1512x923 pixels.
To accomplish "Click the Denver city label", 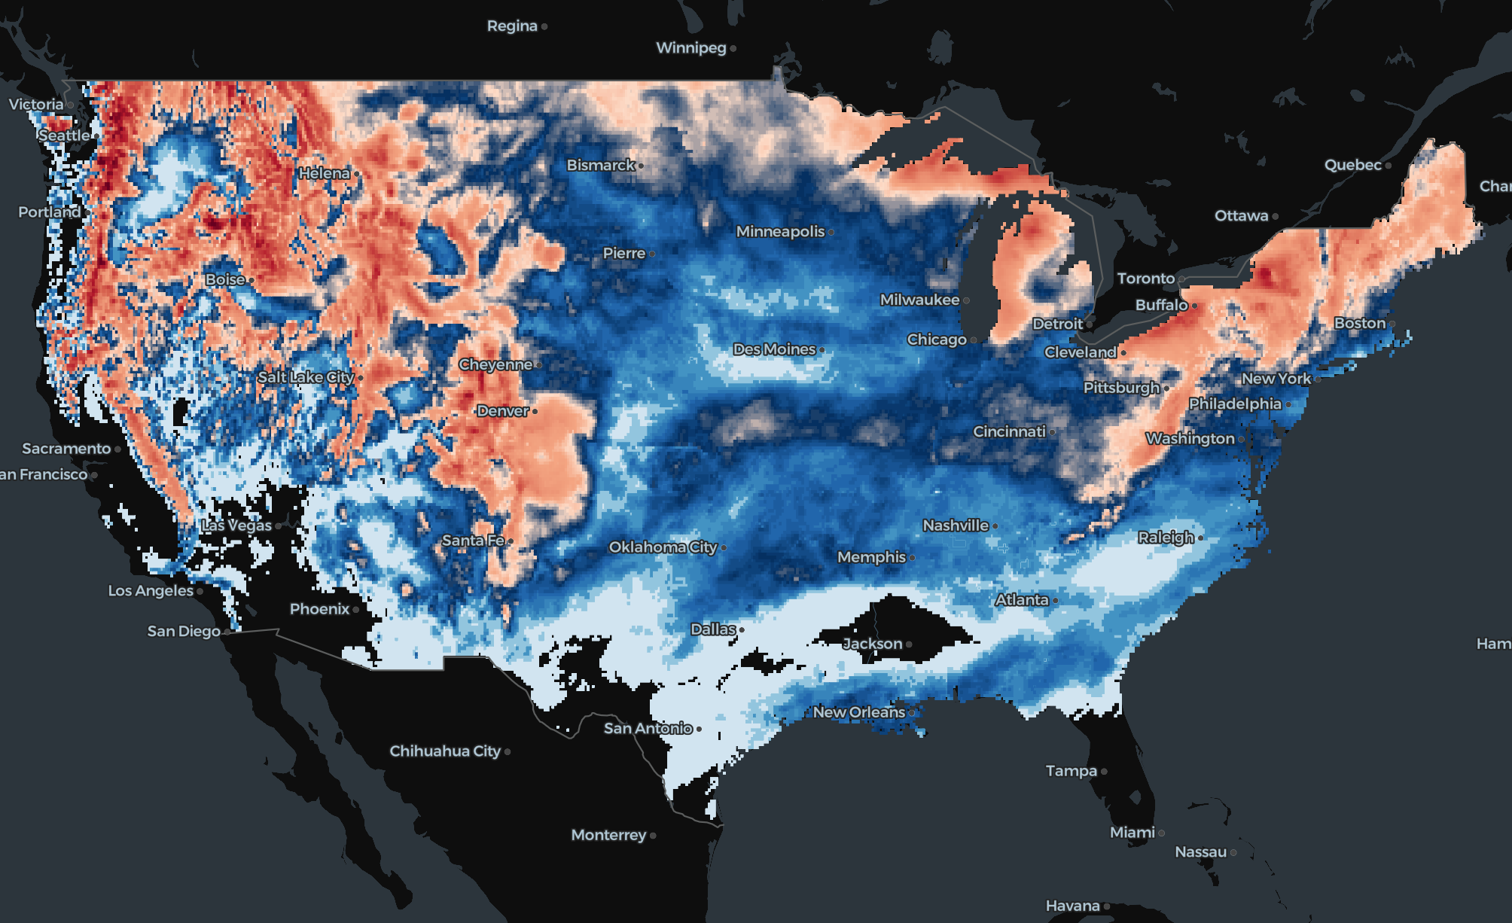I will coord(502,411).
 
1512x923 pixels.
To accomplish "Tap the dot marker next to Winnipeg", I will coord(733,49).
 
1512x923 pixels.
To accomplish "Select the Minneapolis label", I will coord(780,232).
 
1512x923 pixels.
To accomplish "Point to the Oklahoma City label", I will coord(663,547).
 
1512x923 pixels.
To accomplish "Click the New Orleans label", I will coord(858,712).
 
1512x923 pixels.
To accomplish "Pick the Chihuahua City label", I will coord(444,751).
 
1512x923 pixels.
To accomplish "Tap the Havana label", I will coord(1072,906).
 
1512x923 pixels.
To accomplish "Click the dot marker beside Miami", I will coord(1161,833).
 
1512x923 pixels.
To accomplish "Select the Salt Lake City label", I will coord(306,377).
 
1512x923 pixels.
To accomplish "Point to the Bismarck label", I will coord(600,165).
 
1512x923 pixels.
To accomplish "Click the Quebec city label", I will coord(1352,165).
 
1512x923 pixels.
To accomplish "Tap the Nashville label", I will coord(955,525).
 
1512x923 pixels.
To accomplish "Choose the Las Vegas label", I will coord(236,525).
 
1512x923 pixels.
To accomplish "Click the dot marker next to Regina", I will coord(544,27).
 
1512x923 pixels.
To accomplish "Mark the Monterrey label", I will coord(608,835).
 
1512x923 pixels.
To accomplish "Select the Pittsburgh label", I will coord(1121,388).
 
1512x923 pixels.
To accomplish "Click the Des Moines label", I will coord(774,349).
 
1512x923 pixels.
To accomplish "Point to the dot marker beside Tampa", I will coord(1104,772).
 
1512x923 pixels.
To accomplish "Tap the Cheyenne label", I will coord(495,364).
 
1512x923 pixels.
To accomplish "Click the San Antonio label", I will coord(648,728).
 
